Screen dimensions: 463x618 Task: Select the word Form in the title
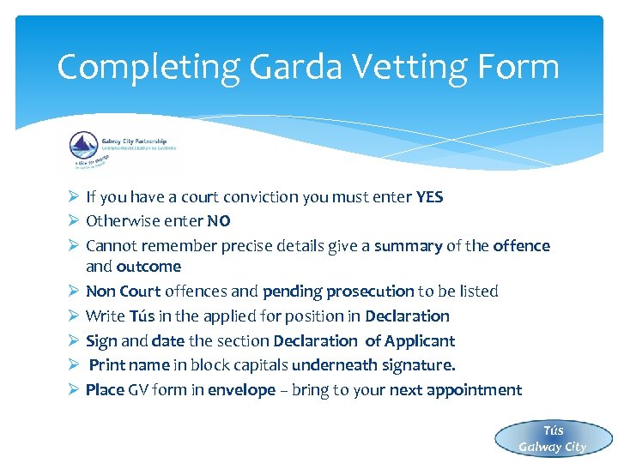point(519,67)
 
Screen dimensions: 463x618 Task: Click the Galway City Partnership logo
point(120,152)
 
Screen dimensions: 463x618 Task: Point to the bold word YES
point(429,197)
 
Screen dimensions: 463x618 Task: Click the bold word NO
point(219,221)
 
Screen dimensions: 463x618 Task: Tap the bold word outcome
point(148,267)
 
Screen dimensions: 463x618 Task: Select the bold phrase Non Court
point(123,292)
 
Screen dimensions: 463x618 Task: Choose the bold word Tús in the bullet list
point(142,316)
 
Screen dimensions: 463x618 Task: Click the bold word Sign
point(101,341)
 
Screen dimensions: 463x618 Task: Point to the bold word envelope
point(241,390)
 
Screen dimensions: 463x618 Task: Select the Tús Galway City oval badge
point(552,438)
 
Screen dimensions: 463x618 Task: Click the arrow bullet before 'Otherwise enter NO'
point(73,221)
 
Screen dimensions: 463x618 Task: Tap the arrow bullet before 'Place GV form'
point(73,390)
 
